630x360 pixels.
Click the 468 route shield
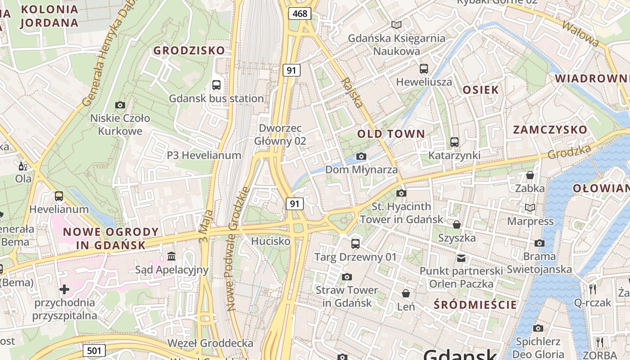[300, 13]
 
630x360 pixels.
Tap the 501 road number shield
[94, 351]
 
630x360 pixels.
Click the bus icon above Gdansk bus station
[216, 85]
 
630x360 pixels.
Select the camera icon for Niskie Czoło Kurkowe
[120, 105]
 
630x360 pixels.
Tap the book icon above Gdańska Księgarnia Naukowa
[396, 25]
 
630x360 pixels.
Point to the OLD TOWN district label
[391, 134]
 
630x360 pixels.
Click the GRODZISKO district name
[189, 50]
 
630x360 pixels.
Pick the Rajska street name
[352, 93]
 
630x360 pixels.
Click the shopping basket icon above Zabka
[530, 175]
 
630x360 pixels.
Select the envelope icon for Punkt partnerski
[461, 258]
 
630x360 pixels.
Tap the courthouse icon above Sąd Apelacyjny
[171, 256]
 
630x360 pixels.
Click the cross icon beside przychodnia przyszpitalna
[64, 289]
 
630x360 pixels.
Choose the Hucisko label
[270, 241]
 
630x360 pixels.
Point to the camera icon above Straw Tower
[346, 277]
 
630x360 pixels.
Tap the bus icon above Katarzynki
[454, 142]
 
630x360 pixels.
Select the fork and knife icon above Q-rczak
[593, 289]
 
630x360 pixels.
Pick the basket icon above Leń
[406, 293]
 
